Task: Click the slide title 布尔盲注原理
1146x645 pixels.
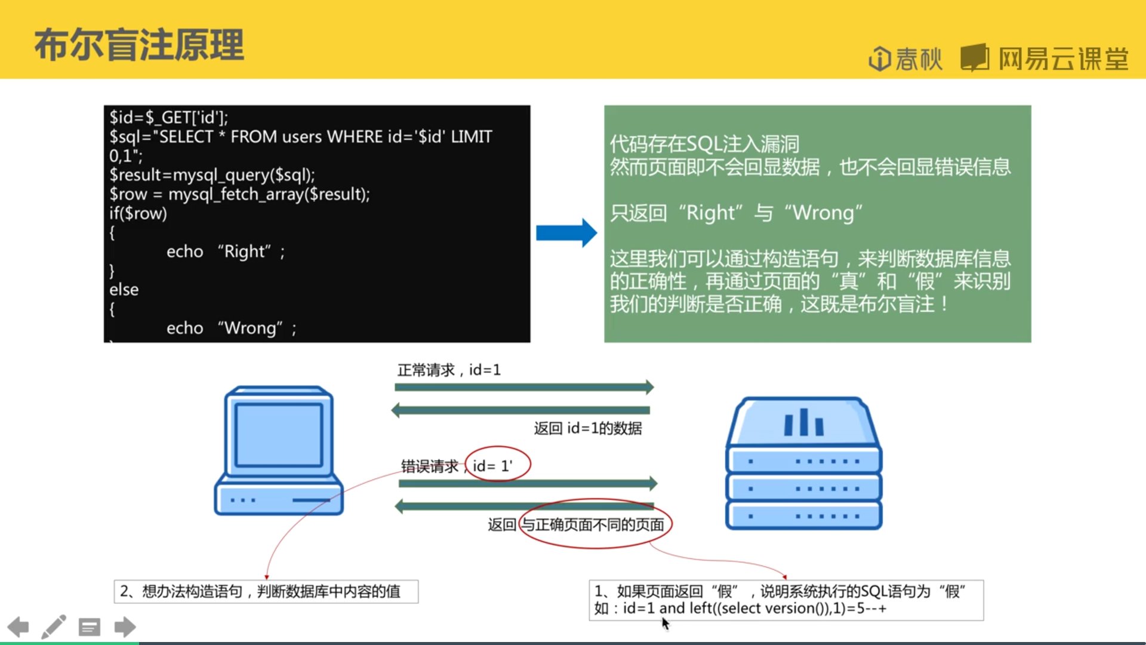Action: [x=139, y=45]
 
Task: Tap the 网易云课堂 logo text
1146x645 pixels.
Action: [x=1063, y=59]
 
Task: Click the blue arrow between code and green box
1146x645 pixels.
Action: [x=566, y=232]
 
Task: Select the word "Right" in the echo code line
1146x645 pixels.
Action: [x=247, y=251]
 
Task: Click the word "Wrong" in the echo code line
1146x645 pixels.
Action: [x=250, y=328]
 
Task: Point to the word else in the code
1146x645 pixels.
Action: [x=124, y=290]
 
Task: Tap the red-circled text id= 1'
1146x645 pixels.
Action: [x=493, y=465]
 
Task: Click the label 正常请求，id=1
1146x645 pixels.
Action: [x=449, y=370]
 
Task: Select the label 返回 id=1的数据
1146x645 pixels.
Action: [x=587, y=428]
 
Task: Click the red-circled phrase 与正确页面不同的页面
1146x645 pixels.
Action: [x=593, y=524]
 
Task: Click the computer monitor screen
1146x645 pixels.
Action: [x=278, y=434]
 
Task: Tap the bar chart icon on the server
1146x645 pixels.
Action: [x=803, y=423]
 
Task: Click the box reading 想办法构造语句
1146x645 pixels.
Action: [x=266, y=591]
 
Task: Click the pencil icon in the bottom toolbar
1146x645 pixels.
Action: [x=54, y=627]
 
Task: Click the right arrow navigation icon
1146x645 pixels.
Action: [x=125, y=627]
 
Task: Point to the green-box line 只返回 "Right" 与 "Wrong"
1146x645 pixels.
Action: [x=735, y=213]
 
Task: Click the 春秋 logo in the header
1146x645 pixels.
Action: [x=905, y=59]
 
